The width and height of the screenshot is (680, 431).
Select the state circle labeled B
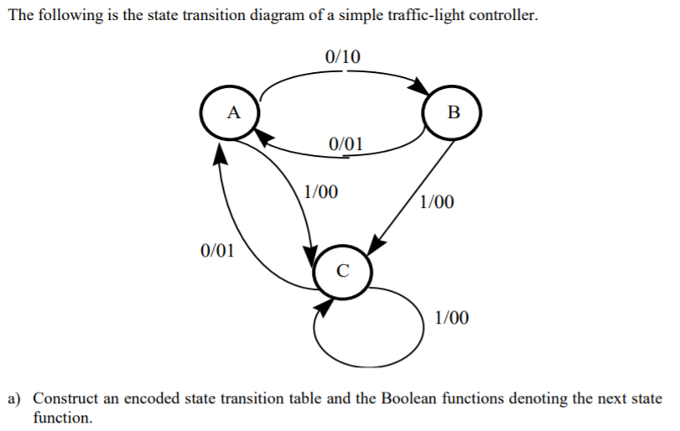click(453, 112)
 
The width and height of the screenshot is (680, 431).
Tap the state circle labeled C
click(341, 271)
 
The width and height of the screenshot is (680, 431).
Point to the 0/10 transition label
click(341, 57)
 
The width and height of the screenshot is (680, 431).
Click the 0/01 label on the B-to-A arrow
click(346, 143)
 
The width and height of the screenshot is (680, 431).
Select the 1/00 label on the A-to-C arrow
click(321, 191)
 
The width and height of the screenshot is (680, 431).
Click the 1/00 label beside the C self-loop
click(452, 318)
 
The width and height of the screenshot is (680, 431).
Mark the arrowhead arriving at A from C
click(220, 152)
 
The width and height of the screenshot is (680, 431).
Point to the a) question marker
click(15, 397)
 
